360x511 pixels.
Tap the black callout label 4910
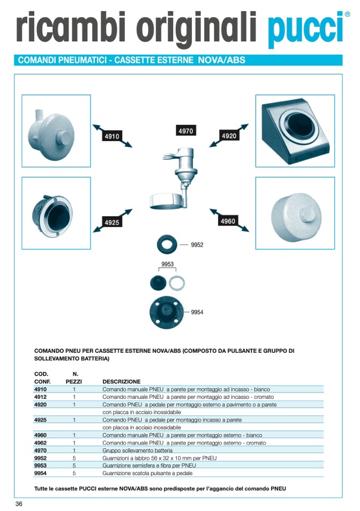coord(112,137)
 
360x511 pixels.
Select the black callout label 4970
coord(185,131)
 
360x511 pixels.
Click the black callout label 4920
coord(229,136)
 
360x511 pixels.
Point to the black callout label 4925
coord(112,223)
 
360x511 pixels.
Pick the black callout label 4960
coord(228,221)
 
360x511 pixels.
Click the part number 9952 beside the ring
coord(197,245)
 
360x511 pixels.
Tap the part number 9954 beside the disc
coord(197,312)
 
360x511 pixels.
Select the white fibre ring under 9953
coord(177,282)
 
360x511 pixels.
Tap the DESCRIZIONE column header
coord(121,382)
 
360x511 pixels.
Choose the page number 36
coord(19,503)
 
